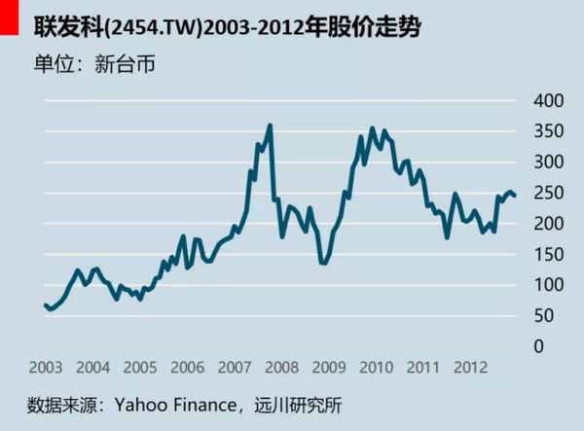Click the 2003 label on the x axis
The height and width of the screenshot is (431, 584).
[x=46, y=368]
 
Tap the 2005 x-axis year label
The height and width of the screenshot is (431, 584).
[x=140, y=368]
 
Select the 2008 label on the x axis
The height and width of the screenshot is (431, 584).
[x=282, y=368]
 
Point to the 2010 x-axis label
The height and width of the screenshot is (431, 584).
[x=377, y=368]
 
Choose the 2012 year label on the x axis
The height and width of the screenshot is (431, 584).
[x=471, y=368]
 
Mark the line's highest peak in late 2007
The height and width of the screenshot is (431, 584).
[x=270, y=125]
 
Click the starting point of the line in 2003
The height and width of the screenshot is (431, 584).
[x=45, y=305]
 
